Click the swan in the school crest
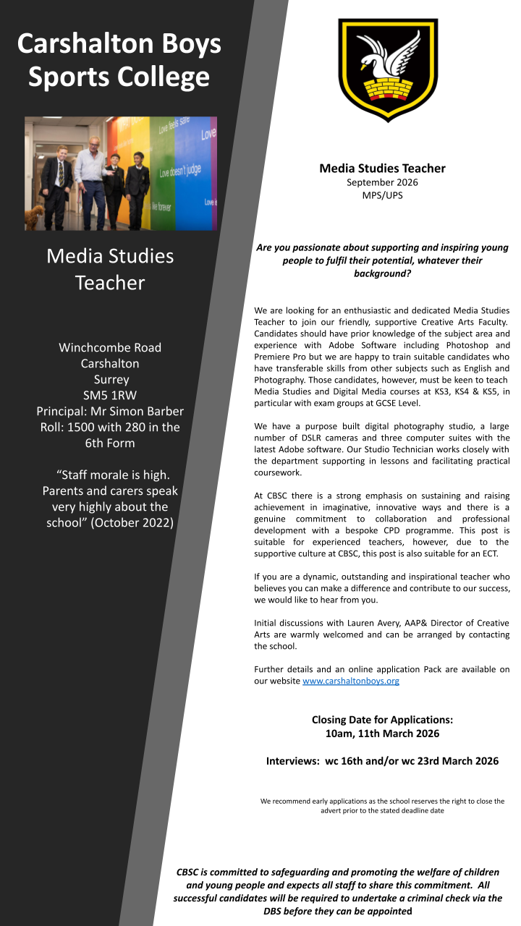coord(387,61)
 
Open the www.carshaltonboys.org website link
coord(350,681)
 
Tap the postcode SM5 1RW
coord(110,395)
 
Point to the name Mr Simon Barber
coord(137,411)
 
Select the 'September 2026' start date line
coord(382,182)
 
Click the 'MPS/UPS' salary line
coord(382,195)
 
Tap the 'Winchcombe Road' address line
coord(110,347)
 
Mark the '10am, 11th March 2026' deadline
coord(382,733)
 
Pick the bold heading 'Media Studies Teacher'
coord(382,169)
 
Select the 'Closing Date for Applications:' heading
coord(382,720)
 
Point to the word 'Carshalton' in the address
coord(110,363)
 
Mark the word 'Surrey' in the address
coord(110,379)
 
